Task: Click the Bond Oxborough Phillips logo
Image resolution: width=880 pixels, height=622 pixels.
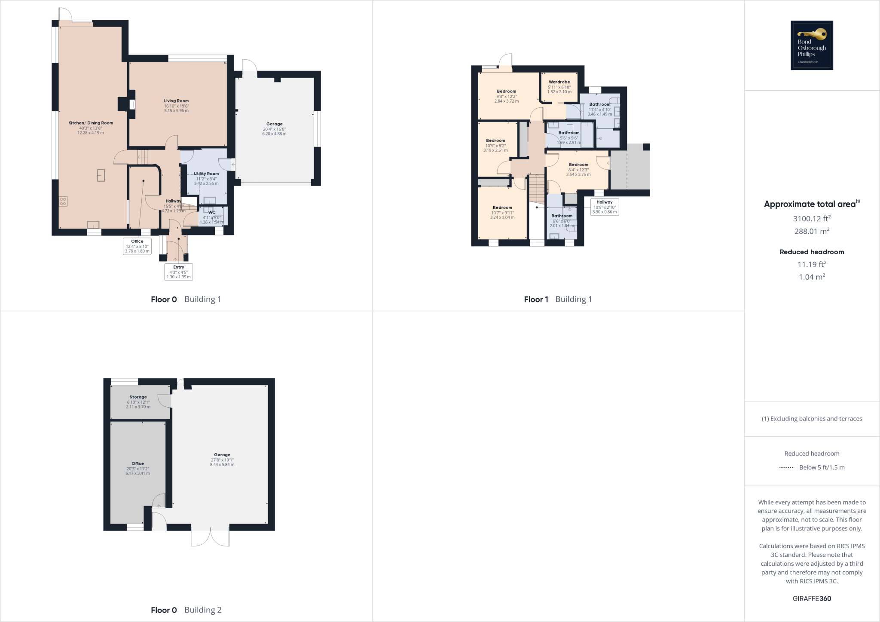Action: point(812,45)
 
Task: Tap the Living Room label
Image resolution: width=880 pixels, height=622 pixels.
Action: point(176,101)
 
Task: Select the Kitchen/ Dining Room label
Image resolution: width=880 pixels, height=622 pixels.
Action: point(91,123)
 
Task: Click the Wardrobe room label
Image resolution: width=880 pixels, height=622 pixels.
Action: point(559,82)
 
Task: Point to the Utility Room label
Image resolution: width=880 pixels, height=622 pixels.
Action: point(206,174)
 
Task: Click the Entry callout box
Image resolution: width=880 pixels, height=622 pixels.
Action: point(178,272)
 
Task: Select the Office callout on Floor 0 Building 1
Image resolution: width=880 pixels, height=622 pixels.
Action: point(137,246)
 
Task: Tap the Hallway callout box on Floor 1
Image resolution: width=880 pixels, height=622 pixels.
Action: point(604,207)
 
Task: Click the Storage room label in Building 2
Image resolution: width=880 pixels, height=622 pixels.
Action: point(138,397)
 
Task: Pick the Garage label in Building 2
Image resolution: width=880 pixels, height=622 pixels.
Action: point(222,455)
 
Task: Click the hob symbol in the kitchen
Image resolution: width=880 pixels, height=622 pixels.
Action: point(63,201)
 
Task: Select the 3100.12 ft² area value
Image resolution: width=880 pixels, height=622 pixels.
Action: point(812,219)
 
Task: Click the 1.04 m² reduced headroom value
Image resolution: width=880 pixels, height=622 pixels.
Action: point(812,277)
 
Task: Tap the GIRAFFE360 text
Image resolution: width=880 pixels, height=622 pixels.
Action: point(812,598)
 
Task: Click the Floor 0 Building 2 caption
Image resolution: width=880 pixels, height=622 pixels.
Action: point(186,610)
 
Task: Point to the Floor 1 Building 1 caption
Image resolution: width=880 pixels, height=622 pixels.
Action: point(558,299)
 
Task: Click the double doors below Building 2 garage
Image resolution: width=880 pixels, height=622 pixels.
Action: point(210,537)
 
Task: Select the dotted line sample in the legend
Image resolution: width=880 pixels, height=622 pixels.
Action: point(786,467)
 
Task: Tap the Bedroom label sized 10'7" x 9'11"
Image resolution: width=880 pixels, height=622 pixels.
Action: point(502,208)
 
